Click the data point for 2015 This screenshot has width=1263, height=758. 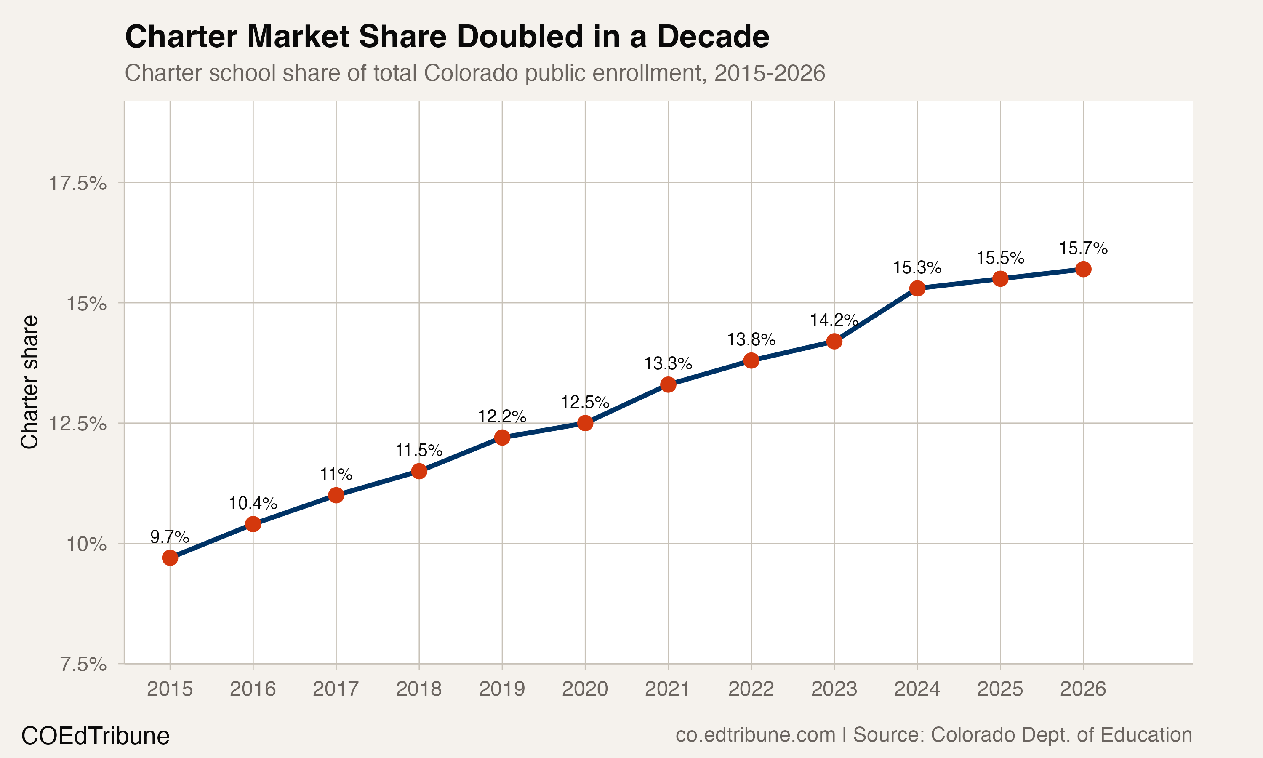click(170, 558)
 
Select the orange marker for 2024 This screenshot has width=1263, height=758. click(917, 288)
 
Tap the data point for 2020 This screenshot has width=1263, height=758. click(585, 423)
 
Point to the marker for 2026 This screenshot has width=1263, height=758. click(1083, 269)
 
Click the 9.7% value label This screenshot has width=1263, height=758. click(170, 537)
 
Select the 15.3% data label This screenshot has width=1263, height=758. click(917, 267)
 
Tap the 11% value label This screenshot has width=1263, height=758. click(336, 475)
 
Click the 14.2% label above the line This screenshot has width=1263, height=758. click(834, 320)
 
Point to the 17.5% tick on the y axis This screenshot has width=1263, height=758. click(77, 183)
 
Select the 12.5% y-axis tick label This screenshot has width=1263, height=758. click(77, 424)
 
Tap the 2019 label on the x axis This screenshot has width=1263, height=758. click(502, 689)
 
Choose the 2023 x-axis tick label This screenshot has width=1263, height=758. click(834, 689)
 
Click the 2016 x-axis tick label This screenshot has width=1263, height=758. click(253, 689)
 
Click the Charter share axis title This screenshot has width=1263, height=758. click(29, 382)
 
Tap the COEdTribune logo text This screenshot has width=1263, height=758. click(95, 736)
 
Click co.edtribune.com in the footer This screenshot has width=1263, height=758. click(755, 735)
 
